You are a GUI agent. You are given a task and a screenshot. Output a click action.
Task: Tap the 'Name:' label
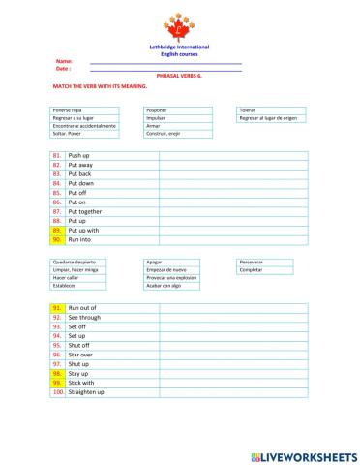coord(64,61)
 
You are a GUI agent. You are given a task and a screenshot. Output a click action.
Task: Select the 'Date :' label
coord(63,68)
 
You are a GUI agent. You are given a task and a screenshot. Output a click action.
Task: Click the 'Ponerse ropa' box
coord(85,110)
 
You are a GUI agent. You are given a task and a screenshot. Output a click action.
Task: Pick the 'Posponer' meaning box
coord(176,110)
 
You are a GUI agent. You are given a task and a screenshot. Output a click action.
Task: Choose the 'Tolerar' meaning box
coord(272,110)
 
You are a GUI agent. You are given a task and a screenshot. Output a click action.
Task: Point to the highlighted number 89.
coord(57,230)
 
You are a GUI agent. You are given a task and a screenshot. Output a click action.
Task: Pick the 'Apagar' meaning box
coord(176,262)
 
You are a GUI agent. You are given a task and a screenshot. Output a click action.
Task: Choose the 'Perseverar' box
coord(272,262)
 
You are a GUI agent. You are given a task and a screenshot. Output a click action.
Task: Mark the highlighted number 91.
coord(57,307)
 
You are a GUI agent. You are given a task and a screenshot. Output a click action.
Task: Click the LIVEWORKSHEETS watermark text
coord(306,453)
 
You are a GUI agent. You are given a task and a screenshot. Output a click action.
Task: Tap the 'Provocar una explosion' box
coord(176,278)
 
